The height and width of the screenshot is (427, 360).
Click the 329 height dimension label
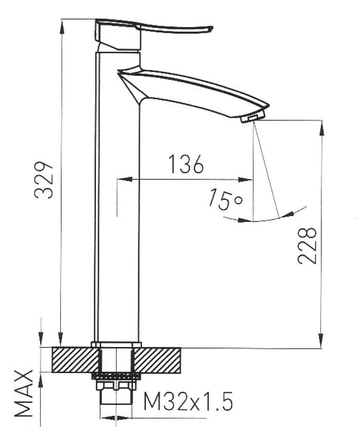(x=44, y=180)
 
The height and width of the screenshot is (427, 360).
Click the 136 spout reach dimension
(x=186, y=164)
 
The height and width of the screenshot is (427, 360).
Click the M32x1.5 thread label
(x=188, y=401)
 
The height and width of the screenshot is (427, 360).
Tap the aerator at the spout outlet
(x=253, y=118)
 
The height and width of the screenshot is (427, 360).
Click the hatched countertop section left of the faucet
(x=75, y=360)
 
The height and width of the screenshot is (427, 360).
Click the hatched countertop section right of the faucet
(x=157, y=360)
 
